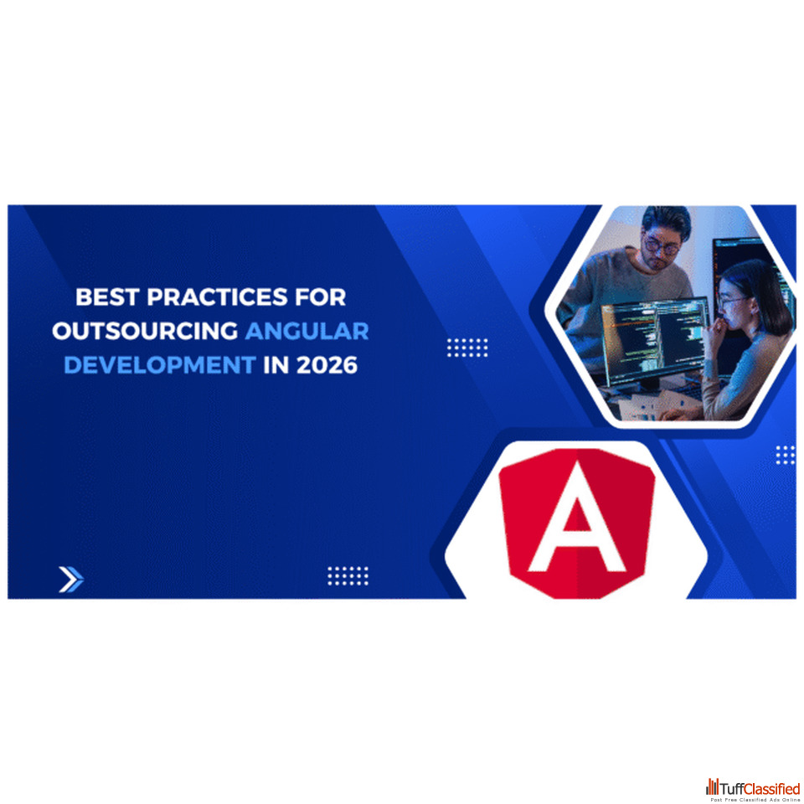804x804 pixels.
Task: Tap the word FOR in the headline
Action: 321,296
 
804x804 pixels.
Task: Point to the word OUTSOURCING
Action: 145,332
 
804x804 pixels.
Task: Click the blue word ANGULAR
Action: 307,332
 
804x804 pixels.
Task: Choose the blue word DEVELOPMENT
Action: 160,365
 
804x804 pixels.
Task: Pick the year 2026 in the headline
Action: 327,365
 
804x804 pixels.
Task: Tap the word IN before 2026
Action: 276,365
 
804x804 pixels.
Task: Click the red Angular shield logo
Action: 577,523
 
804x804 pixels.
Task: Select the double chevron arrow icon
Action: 71,580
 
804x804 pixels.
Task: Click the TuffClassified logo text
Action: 760,787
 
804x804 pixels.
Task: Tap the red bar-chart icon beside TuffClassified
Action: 712,786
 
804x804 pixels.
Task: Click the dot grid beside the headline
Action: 467,348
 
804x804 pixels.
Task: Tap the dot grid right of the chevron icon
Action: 348,576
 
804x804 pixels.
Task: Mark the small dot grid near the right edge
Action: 785,455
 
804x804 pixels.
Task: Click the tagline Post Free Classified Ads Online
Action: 755,799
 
